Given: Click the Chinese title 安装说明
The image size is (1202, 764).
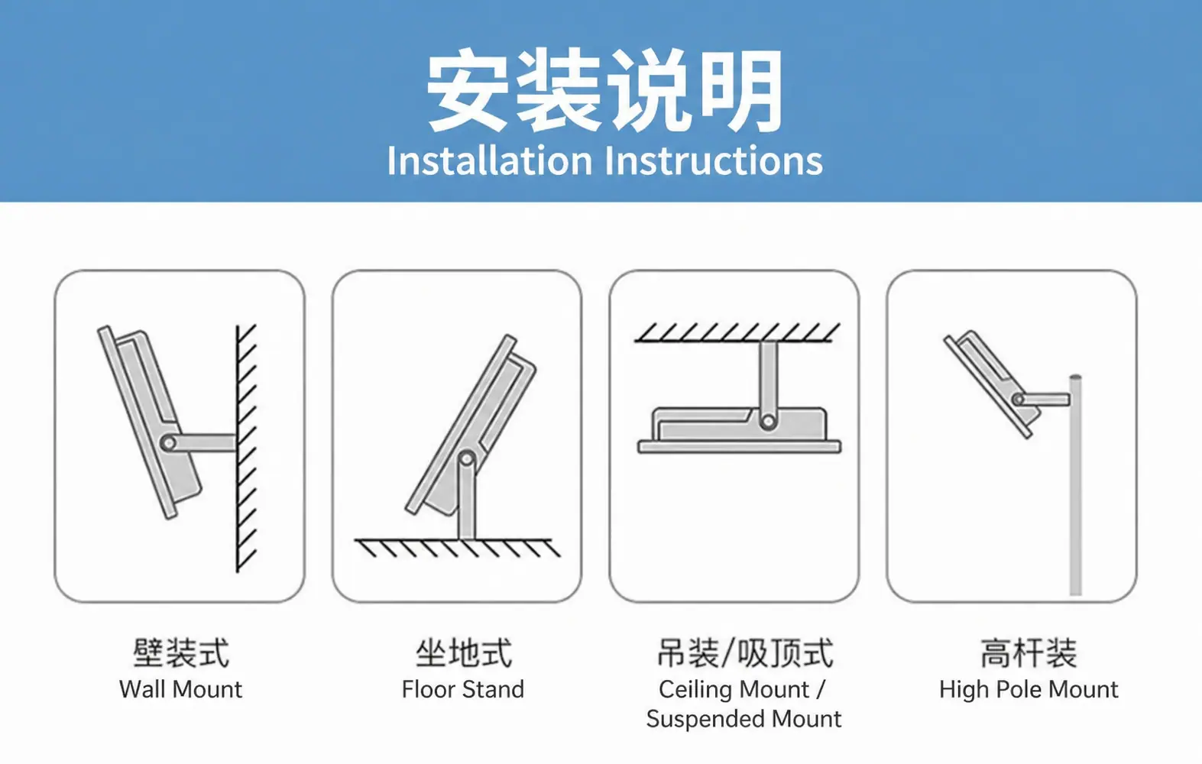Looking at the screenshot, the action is click(x=604, y=90).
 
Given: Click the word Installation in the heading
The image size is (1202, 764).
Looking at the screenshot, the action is click(x=489, y=160).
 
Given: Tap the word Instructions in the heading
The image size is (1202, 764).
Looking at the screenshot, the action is click(x=714, y=160).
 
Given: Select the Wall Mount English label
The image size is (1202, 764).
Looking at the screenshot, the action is click(x=181, y=689).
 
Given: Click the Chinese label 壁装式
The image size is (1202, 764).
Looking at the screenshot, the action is click(x=181, y=653).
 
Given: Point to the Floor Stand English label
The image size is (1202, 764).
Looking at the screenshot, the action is click(x=462, y=689).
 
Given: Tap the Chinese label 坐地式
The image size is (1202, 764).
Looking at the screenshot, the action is click(x=464, y=653).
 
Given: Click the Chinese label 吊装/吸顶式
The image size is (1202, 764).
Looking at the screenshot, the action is click(x=745, y=653).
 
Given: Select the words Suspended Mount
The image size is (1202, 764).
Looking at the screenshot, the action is click(x=744, y=719).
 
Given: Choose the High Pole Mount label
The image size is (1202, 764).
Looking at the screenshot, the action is click(x=1029, y=690).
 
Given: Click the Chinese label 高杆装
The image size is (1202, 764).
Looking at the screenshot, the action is click(x=1029, y=653).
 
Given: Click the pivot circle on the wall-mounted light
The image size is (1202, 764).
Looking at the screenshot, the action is click(x=169, y=443).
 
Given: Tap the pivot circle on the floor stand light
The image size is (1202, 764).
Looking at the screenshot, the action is click(x=466, y=458).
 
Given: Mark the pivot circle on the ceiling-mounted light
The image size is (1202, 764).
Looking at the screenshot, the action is click(x=768, y=422).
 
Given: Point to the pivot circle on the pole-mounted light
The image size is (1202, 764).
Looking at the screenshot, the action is click(x=1018, y=399).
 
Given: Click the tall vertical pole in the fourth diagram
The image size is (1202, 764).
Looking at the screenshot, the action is click(x=1075, y=485).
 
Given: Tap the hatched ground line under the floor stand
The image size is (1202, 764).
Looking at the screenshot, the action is click(x=457, y=548).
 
